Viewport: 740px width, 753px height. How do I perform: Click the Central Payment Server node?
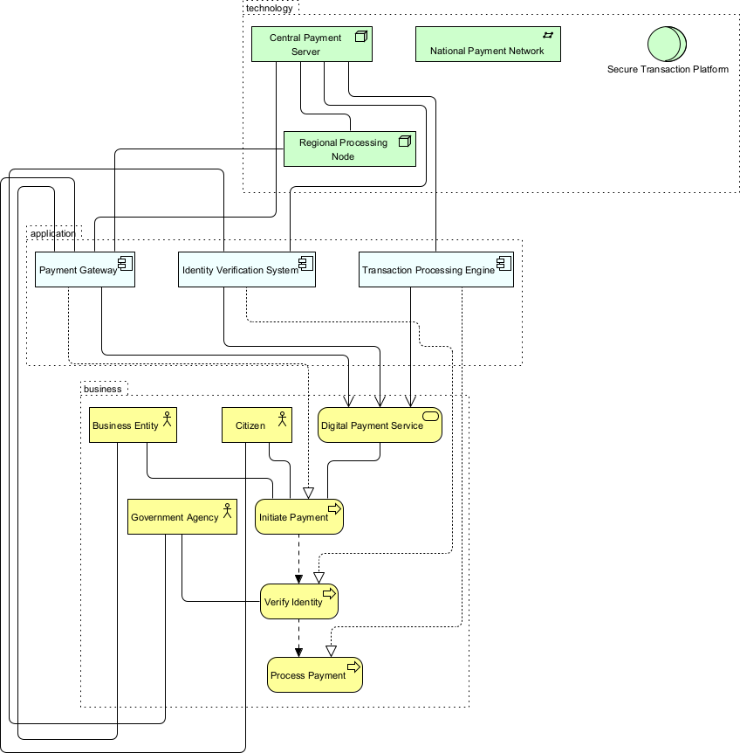pyautogui.click(x=312, y=45)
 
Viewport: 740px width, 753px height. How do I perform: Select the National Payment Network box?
pyautogui.click(x=487, y=45)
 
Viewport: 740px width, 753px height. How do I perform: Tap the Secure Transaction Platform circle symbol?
pyautogui.click(x=667, y=44)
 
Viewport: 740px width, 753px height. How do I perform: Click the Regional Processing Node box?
pyautogui.click(x=349, y=149)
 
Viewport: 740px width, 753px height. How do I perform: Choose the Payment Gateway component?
pyautogui.click(x=85, y=270)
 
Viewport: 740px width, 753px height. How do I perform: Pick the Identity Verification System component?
pyautogui.click(x=246, y=270)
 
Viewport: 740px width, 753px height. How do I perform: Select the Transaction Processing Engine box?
pyautogui.click(x=435, y=270)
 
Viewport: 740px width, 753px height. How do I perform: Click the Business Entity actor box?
pyautogui.click(x=133, y=425)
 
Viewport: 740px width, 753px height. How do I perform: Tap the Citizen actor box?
pyautogui.click(x=256, y=425)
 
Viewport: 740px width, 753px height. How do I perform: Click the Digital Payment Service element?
pyautogui.click(x=380, y=425)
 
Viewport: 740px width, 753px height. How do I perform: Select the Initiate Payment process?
pyautogui.click(x=299, y=517)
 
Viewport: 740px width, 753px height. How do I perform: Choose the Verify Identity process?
pyautogui.click(x=298, y=602)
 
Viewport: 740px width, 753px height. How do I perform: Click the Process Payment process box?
pyautogui.click(x=314, y=675)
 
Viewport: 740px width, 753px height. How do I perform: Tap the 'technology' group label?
pyautogui.click(x=270, y=8)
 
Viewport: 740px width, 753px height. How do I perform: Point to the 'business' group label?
pyautogui.click(x=102, y=388)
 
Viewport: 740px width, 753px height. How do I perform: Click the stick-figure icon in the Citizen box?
pyautogui.click(x=282, y=420)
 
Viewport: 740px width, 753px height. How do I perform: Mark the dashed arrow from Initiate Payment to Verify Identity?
pyautogui.click(x=299, y=558)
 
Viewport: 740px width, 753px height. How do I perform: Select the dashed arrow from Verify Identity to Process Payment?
pyautogui.click(x=299, y=638)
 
